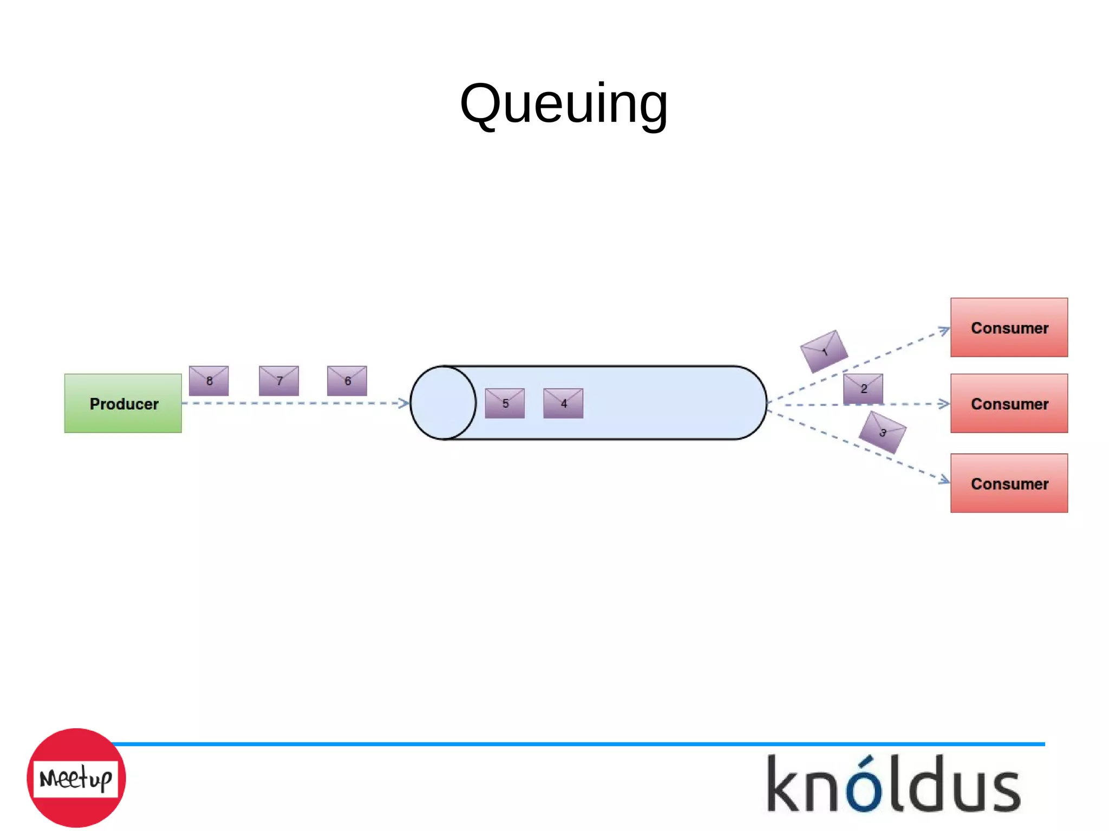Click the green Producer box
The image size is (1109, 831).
click(x=123, y=403)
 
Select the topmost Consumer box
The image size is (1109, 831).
click(x=1009, y=328)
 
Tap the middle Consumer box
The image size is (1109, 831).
click(x=1009, y=403)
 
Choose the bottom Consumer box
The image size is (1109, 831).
click(x=1009, y=483)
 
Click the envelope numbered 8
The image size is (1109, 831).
click(x=208, y=381)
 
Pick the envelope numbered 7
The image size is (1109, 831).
click(x=279, y=381)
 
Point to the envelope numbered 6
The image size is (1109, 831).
click(x=347, y=381)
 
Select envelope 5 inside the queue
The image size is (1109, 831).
click(x=505, y=403)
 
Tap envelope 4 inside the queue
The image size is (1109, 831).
click(x=563, y=403)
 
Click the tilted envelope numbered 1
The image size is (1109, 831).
click(x=824, y=351)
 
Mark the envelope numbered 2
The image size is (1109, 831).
click(x=863, y=389)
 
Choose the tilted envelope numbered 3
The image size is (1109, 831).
click(x=883, y=432)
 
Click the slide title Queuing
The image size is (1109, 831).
click(x=563, y=103)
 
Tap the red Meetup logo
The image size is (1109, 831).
click(x=76, y=777)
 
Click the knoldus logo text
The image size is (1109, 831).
click(x=893, y=785)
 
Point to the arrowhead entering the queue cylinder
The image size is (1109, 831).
click(x=403, y=403)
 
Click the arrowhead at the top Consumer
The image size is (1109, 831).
click(x=944, y=330)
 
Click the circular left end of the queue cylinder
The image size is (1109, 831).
click(x=443, y=403)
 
